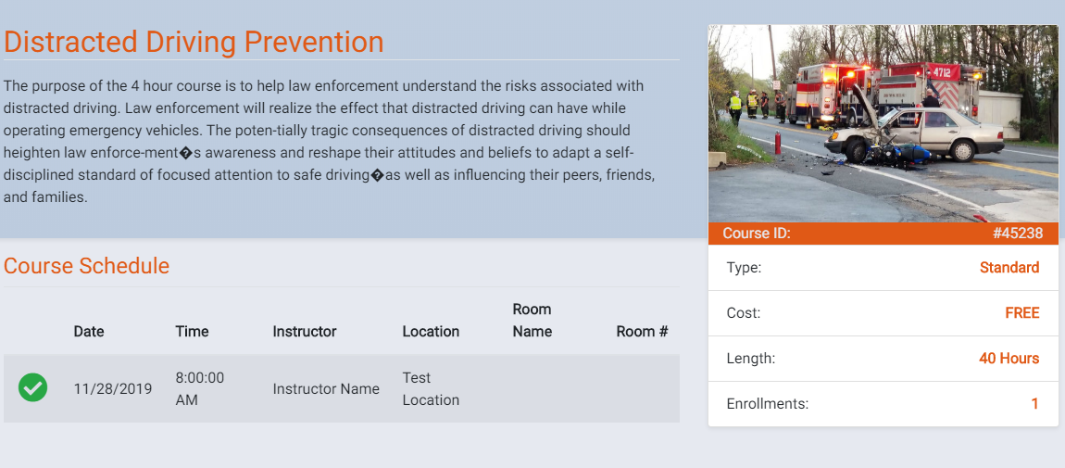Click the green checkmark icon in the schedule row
[32, 388]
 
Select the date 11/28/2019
[113, 389]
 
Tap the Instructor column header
[305, 332]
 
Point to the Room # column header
[642, 332]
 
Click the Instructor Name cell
[326, 389]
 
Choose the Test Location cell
[431, 388]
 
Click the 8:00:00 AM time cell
[200, 388]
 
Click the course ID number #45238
[1018, 234]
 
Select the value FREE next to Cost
[1022, 313]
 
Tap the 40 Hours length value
[1009, 358]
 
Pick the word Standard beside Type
[1009, 268]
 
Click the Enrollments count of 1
[1035, 403]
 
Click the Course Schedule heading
[86, 266]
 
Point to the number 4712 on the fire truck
[942, 71]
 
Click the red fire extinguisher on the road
[778, 143]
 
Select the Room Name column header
[532, 321]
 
